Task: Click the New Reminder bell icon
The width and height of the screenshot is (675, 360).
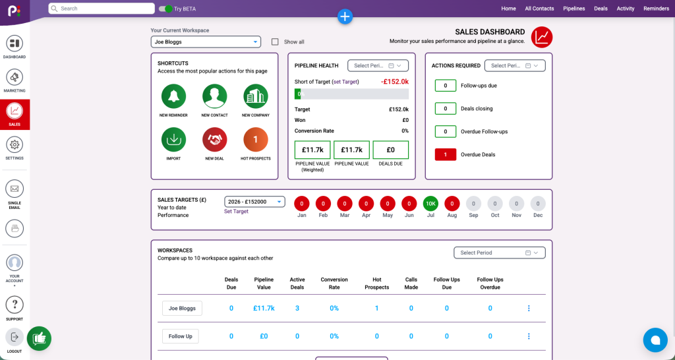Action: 173,96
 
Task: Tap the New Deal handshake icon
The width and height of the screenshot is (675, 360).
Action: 214,140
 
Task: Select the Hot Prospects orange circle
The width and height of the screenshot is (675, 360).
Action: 255,140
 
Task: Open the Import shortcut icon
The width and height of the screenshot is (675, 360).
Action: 173,140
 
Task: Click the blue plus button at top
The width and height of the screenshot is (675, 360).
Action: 345,16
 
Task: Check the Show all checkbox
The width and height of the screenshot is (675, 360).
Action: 275,42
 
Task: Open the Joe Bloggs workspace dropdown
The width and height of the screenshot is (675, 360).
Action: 206,42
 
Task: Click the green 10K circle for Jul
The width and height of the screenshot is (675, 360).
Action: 430,203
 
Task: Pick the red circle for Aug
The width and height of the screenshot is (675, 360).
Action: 452,203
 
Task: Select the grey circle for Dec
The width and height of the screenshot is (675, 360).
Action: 538,203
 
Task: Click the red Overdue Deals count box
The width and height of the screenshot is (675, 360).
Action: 445,154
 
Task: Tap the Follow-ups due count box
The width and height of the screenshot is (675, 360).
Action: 445,85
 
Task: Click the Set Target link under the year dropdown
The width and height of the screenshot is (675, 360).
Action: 236,212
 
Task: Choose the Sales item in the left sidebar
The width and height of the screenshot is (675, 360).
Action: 15,115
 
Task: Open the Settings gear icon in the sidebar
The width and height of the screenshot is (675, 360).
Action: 15,144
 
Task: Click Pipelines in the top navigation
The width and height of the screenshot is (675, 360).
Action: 574,9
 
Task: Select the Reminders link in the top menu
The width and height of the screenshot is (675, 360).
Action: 656,9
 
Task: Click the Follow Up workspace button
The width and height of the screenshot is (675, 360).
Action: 181,336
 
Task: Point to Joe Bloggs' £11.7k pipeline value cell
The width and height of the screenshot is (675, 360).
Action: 264,309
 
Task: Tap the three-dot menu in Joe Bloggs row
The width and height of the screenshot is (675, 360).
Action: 529,309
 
